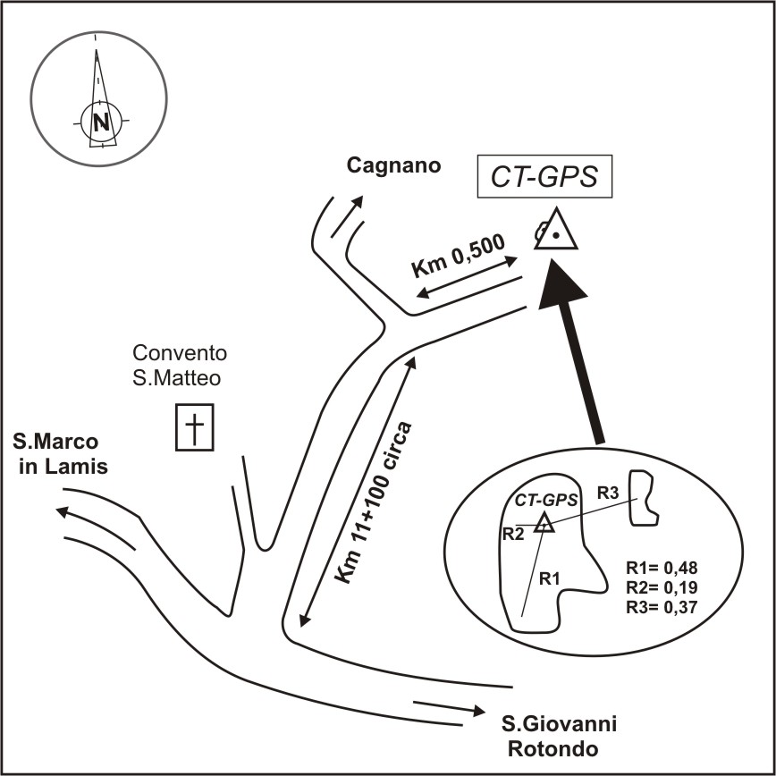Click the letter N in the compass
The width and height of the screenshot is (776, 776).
click(101, 122)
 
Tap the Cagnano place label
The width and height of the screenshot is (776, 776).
click(393, 165)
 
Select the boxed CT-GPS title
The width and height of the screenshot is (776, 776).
click(544, 177)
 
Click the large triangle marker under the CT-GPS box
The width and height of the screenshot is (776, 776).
click(557, 229)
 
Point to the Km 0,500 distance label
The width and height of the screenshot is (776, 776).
click(459, 257)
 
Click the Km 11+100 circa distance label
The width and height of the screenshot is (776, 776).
click(373, 502)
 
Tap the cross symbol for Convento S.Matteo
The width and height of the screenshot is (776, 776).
click(195, 427)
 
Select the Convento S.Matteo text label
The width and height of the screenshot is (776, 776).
click(180, 366)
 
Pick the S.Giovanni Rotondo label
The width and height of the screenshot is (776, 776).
click(559, 737)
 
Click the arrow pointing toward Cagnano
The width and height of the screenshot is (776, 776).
click(347, 216)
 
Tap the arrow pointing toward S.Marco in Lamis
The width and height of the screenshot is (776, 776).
click(95, 527)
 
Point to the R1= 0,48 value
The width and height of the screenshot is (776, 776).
click(662, 568)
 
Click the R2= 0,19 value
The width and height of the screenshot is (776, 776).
click(662, 587)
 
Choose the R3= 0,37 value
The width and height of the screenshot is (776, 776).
click(662, 607)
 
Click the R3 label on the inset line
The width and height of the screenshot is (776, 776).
click(608, 493)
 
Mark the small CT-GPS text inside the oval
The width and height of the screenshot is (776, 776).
click(546, 501)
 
